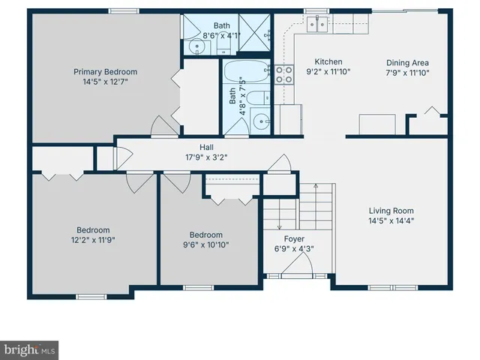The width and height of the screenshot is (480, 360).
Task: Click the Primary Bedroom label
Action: pyautogui.click(x=105, y=72)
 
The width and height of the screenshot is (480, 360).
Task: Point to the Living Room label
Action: pyautogui.click(x=391, y=211)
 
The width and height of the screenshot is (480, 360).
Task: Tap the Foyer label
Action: pyautogui.click(x=283, y=238)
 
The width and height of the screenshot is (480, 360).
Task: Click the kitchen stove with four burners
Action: pyautogui.click(x=285, y=73)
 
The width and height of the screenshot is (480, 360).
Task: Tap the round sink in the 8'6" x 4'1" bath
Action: pyautogui.click(x=196, y=46)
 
